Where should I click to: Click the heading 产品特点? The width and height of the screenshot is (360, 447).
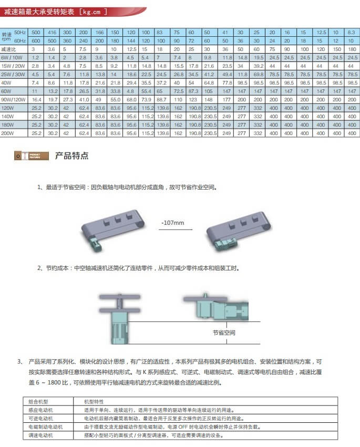(x=71, y=156)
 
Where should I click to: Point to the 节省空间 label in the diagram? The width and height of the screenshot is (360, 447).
(x=224, y=332)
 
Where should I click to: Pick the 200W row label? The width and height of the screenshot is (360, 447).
(x=8, y=133)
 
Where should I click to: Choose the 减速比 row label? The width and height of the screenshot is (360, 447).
(x=9, y=49)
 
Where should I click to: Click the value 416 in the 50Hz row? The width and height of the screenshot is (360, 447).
(x=52, y=32)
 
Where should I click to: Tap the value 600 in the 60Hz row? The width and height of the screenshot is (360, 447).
(x=36, y=40)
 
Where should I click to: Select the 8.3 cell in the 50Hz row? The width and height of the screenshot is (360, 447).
(x=352, y=32)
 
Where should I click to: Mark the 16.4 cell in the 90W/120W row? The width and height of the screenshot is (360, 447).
(x=36, y=99)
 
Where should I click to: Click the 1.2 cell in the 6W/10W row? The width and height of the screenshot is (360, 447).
(x=36, y=57)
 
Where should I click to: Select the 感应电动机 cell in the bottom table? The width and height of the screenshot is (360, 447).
(x=40, y=410)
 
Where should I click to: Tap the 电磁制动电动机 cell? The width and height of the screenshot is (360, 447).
(x=45, y=427)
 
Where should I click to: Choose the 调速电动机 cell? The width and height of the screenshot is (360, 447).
(x=40, y=436)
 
